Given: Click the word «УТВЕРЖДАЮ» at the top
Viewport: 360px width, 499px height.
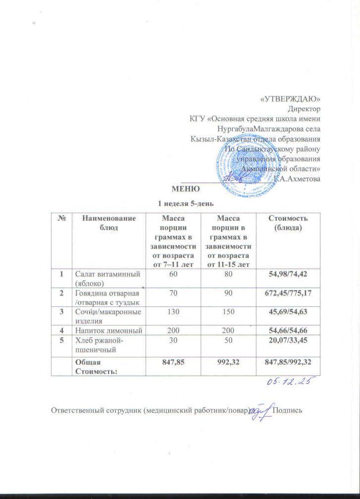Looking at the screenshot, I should tap(290, 100).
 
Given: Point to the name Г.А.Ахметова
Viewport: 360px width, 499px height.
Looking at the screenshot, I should tap(297, 178).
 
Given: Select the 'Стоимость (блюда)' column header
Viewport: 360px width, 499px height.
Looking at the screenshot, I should tap(288, 222).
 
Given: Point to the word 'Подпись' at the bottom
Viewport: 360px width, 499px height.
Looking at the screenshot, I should tap(291, 410).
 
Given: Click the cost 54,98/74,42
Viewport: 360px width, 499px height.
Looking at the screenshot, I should tap(288, 274).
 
